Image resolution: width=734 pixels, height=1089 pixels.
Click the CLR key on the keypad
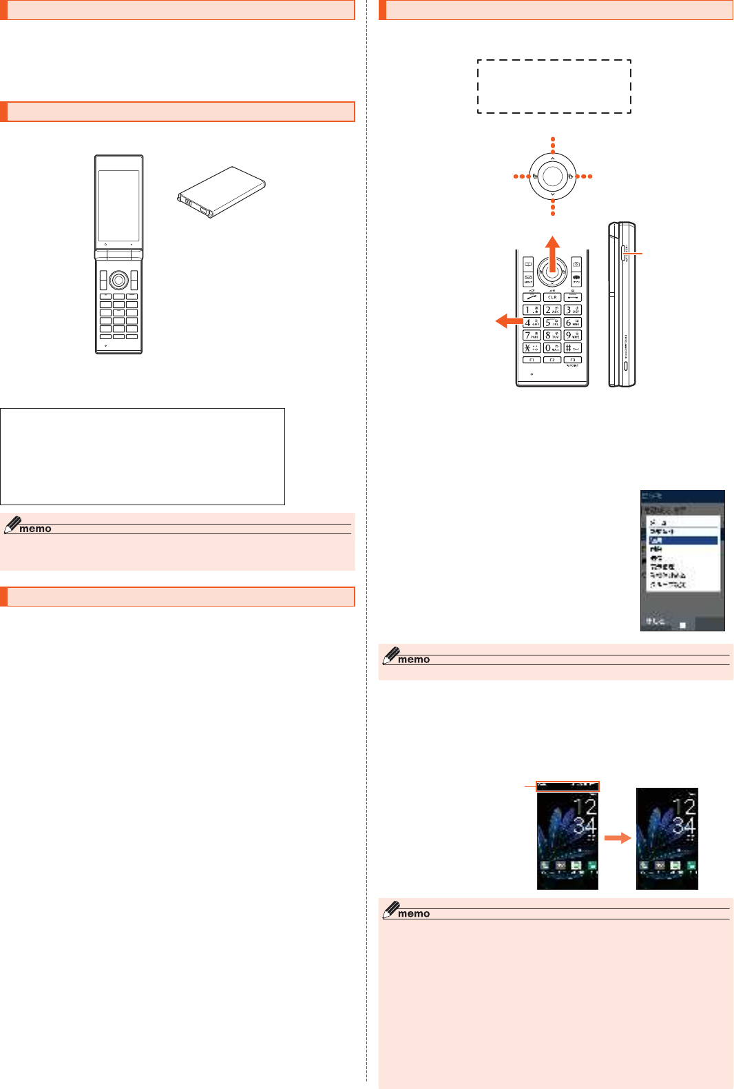coord(552,297)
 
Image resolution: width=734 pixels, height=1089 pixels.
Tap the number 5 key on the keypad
coord(552,323)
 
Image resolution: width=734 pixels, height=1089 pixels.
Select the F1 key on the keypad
coord(532,360)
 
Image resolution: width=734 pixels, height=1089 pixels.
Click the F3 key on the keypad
coord(572,360)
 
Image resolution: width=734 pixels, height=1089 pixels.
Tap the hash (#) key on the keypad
coord(572,347)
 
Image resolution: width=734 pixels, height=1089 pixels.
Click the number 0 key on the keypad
coord(552,347)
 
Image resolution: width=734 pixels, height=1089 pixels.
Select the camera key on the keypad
coord(576,264)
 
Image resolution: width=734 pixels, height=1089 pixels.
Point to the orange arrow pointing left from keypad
coord(509,320)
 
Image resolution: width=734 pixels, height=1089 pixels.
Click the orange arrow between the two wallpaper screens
coord(617,838)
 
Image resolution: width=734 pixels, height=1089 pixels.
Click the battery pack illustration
coord(221,191)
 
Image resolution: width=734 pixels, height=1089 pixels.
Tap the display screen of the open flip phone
coord(118,205)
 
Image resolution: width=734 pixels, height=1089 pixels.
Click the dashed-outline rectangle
coord(554,86)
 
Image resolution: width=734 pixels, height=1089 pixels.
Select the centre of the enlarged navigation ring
coord(552,176)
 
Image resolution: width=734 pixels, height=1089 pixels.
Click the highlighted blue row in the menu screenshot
coord(682,540)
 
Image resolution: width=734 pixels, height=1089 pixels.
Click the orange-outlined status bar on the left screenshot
coord(568,786)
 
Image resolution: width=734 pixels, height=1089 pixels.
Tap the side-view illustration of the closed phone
coord(622,304)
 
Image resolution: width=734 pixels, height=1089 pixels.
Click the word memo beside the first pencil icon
coord(35,529)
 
